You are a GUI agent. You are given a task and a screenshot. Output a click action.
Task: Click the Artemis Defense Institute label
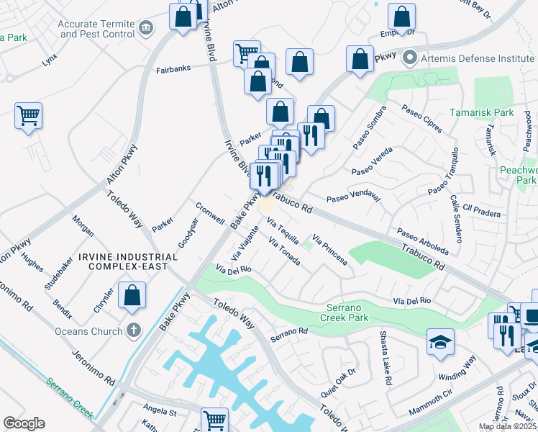coord(470,56)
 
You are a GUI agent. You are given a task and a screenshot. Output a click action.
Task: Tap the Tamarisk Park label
coord(482,112)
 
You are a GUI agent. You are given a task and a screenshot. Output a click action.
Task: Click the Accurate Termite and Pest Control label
coord(97,29)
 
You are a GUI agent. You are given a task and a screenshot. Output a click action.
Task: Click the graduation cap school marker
coord(440,342)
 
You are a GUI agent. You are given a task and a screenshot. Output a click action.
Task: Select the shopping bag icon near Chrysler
coord(132,295)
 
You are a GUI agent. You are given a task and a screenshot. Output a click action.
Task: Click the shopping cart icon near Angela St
coord(214,420)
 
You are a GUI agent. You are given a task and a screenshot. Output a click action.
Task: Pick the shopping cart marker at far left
coord(28,115)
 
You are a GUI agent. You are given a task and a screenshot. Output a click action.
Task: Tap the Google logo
coord(24,423)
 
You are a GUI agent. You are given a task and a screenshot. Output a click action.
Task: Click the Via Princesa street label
coord(330,249)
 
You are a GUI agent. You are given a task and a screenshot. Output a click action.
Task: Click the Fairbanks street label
coord(173,71)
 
